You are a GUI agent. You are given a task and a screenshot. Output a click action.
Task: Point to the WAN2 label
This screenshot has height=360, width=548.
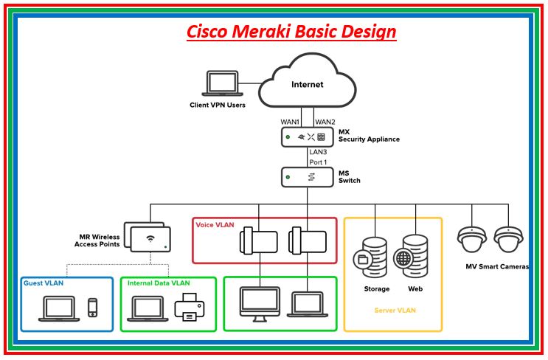[x=325, y=121]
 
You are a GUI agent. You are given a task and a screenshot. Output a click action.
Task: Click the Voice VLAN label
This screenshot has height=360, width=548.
[x=215, y=224]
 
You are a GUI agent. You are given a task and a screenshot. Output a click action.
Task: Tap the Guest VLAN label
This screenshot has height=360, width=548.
[x=44, y=283]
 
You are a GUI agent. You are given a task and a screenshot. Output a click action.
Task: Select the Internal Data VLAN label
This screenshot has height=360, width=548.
[x=159, y=283]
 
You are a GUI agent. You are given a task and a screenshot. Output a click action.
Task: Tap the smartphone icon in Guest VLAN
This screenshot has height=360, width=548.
[x=93, y=307]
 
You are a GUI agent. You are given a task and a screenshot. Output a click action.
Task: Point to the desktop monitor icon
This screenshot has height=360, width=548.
[x=257, y=304]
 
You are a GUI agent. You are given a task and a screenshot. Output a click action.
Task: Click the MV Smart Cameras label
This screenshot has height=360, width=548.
[x=497, y=266]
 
